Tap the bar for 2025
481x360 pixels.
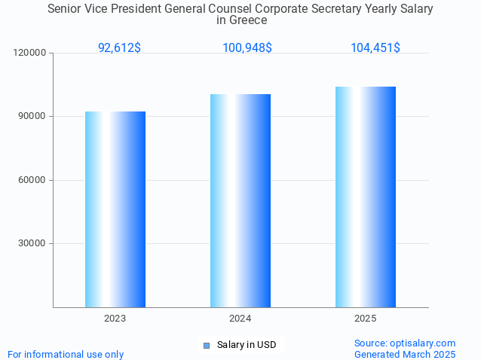click(366, 197)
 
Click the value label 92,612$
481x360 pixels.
click(119, 48)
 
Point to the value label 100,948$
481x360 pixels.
click(247, 48)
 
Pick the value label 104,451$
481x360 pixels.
click(375, 48)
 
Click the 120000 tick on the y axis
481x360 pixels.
click(31, 53)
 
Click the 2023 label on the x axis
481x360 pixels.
click(115, 319)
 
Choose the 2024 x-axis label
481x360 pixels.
click(240, 319)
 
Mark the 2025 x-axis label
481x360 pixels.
click(366, 319)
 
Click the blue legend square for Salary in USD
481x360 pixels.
click(207, 345)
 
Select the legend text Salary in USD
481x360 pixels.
click(247, 345)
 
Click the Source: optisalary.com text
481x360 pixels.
click(405, 343)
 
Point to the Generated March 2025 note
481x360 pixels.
click(405, 354)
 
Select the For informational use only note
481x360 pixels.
click(66, 354)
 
